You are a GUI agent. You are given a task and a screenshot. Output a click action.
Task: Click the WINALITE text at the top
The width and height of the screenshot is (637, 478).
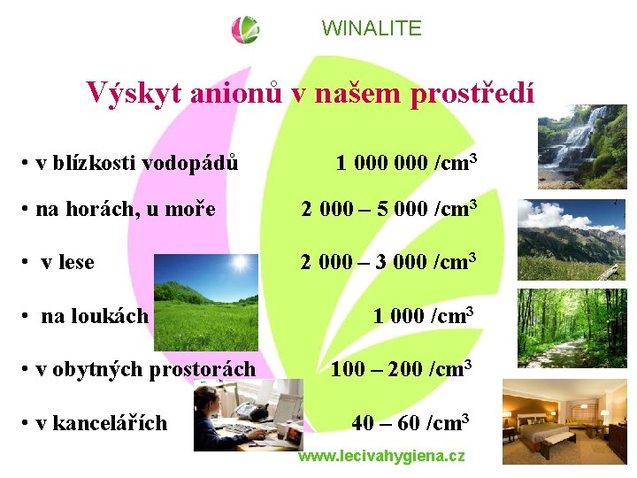tap(372, 28)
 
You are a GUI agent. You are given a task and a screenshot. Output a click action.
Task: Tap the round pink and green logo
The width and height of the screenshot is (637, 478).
tap(246, 29)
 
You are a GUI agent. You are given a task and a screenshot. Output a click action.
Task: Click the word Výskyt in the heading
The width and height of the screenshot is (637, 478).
tap(129, 92)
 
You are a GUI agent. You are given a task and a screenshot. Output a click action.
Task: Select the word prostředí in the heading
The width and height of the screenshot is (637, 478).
tap(472, 92)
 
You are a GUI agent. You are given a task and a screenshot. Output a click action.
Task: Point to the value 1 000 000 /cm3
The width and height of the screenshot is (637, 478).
tap(407, 162)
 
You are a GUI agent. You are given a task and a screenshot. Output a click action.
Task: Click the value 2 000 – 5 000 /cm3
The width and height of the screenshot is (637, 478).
tap(389, 209)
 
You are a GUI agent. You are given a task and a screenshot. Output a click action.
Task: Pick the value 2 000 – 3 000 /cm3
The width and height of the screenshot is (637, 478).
tap(389, 261)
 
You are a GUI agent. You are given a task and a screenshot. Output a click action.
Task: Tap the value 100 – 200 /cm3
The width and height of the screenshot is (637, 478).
tap(401, 368)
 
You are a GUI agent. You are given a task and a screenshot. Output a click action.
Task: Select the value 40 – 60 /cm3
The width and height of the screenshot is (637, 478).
tap(410, 422)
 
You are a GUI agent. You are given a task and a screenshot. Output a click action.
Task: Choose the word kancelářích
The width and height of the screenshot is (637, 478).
tap(110, 423)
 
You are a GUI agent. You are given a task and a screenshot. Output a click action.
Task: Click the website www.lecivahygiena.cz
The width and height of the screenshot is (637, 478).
tap(381, 456)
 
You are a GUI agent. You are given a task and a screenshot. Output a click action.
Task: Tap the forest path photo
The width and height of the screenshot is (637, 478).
tap(572, 328)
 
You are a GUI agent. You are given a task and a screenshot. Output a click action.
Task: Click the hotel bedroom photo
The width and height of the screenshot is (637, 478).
tap(564, 421)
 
